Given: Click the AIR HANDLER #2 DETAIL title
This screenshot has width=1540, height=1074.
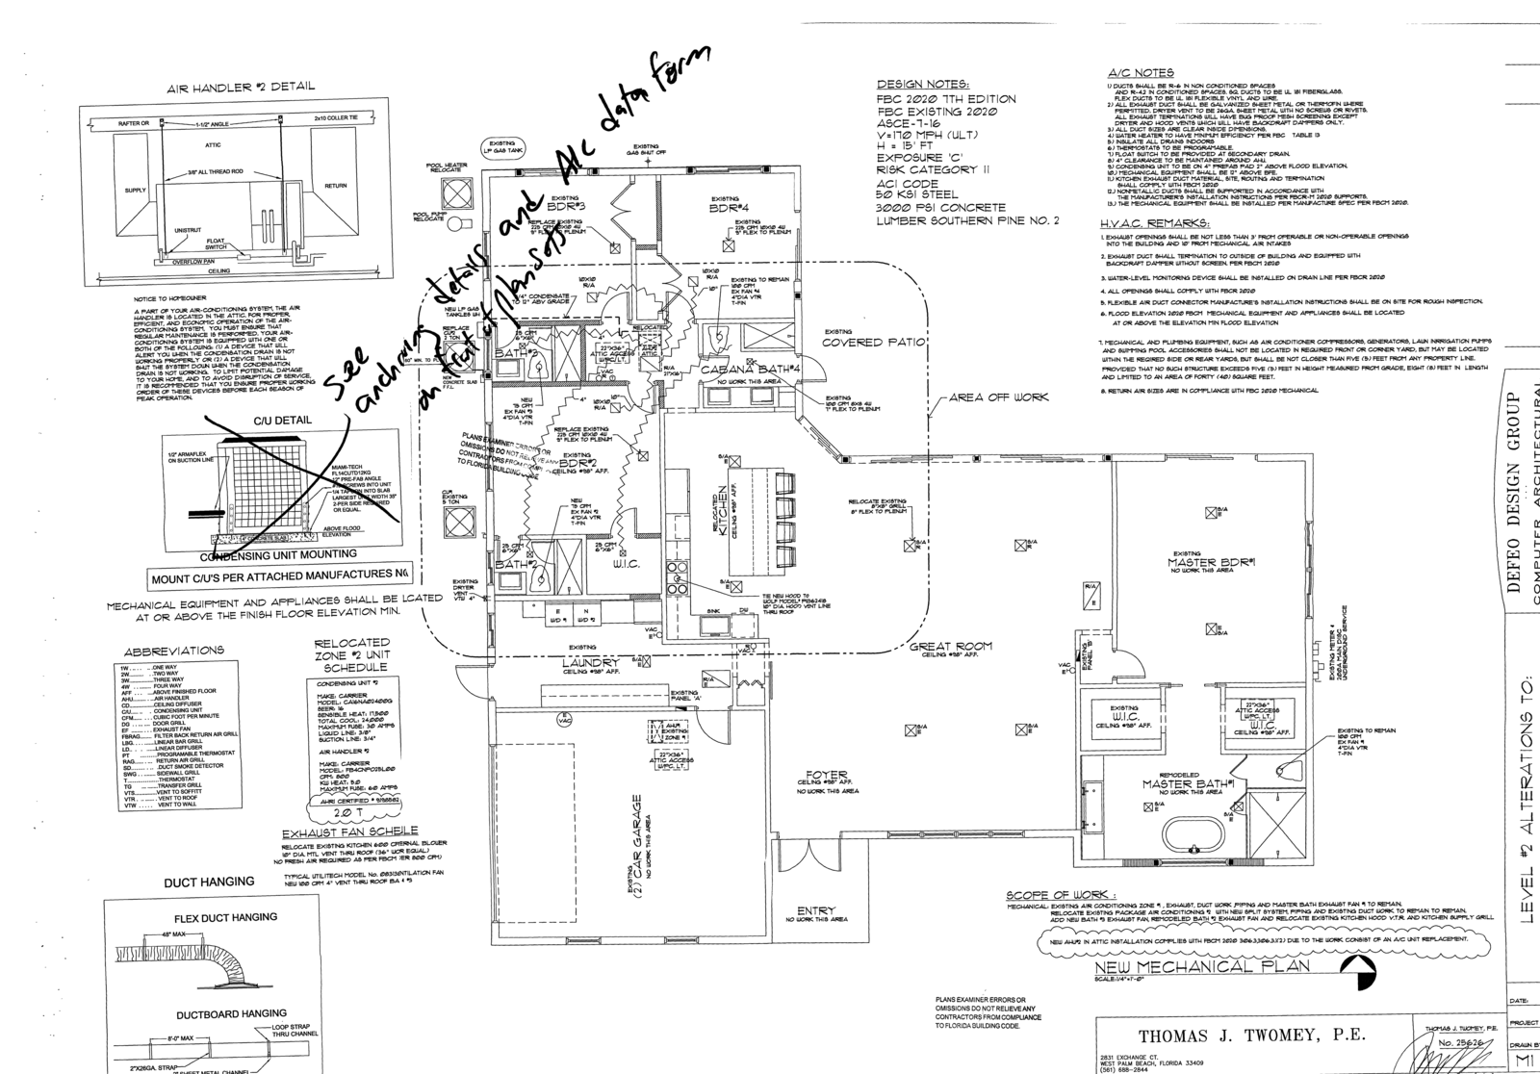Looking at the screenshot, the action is [241, 87].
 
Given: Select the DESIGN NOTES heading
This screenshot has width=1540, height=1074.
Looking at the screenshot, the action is [922, 84].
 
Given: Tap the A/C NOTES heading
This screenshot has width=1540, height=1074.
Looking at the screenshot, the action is [1141, 72].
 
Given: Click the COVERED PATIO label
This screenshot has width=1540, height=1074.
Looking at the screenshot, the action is [873, 343].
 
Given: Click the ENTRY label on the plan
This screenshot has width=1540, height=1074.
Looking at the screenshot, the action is [816, 910].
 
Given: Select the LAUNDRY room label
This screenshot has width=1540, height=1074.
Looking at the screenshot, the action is [590, 663].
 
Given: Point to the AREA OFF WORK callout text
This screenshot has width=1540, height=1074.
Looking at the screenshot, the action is [998, 397].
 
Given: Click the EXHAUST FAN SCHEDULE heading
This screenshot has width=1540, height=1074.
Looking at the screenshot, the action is [349, 831].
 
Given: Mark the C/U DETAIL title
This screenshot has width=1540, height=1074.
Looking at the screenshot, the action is [282, 421].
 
